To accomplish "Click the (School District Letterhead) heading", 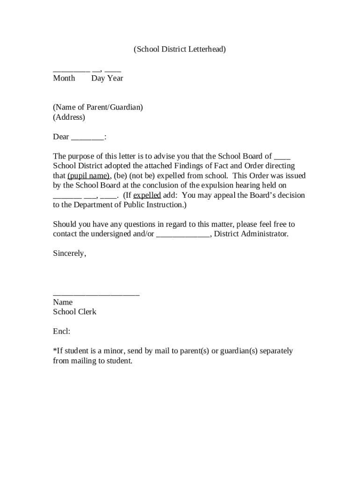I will (180, 49).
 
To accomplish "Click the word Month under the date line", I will (64, 78).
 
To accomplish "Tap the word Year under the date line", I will (115, 78).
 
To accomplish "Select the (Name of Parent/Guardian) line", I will (98, 107).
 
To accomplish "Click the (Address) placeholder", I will (69, 117).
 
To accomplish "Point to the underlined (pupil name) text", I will (88, 176).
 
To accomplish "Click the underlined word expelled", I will (147, 195).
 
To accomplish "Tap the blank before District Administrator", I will (183, 234).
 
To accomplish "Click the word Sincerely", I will (69, 254).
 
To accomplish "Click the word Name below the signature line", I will (63, 302).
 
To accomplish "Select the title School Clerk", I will (74, 312).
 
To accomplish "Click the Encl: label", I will (61, 332).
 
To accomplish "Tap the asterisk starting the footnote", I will (54, 350).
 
